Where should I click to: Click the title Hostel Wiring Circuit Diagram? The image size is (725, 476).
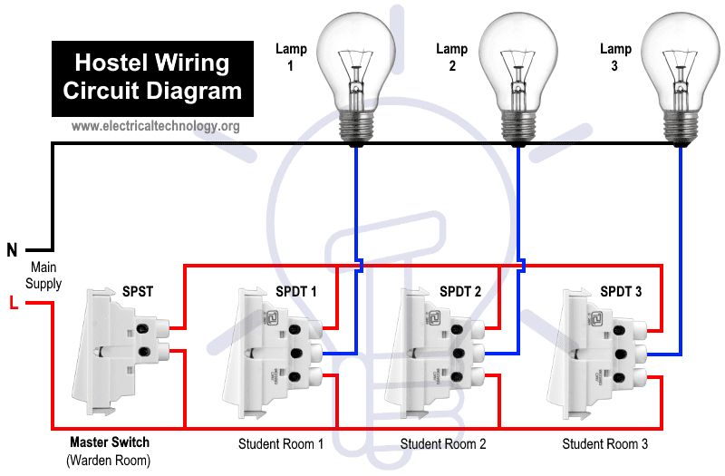click(x=152, y=77)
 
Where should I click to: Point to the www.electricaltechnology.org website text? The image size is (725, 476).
click(x=155, y=126)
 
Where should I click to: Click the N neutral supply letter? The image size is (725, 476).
click(x=12, y=250)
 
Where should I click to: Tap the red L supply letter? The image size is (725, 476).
click(x=14, y=303)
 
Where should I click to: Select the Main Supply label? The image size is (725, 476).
click(x=43, y=276)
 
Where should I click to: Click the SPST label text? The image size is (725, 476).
click(x=138, y=291)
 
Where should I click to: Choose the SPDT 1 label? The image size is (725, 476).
click(x=296, y=291)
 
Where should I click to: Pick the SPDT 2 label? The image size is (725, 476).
click(x=460, y=291)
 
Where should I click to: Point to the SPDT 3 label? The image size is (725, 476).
click(x=621, y=291)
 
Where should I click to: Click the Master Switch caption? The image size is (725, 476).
click(x=110, y=442)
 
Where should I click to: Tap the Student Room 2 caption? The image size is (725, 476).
click(x=443, y=444)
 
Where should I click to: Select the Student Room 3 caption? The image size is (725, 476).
click(x=604, y=444)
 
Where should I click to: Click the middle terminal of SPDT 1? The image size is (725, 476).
click(x=295, y=354)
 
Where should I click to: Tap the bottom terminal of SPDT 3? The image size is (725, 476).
click(x=619, y=378)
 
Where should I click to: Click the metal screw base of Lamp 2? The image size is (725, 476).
click(x=517, y=128)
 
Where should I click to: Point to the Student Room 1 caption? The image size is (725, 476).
click(x=281, y=444)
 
